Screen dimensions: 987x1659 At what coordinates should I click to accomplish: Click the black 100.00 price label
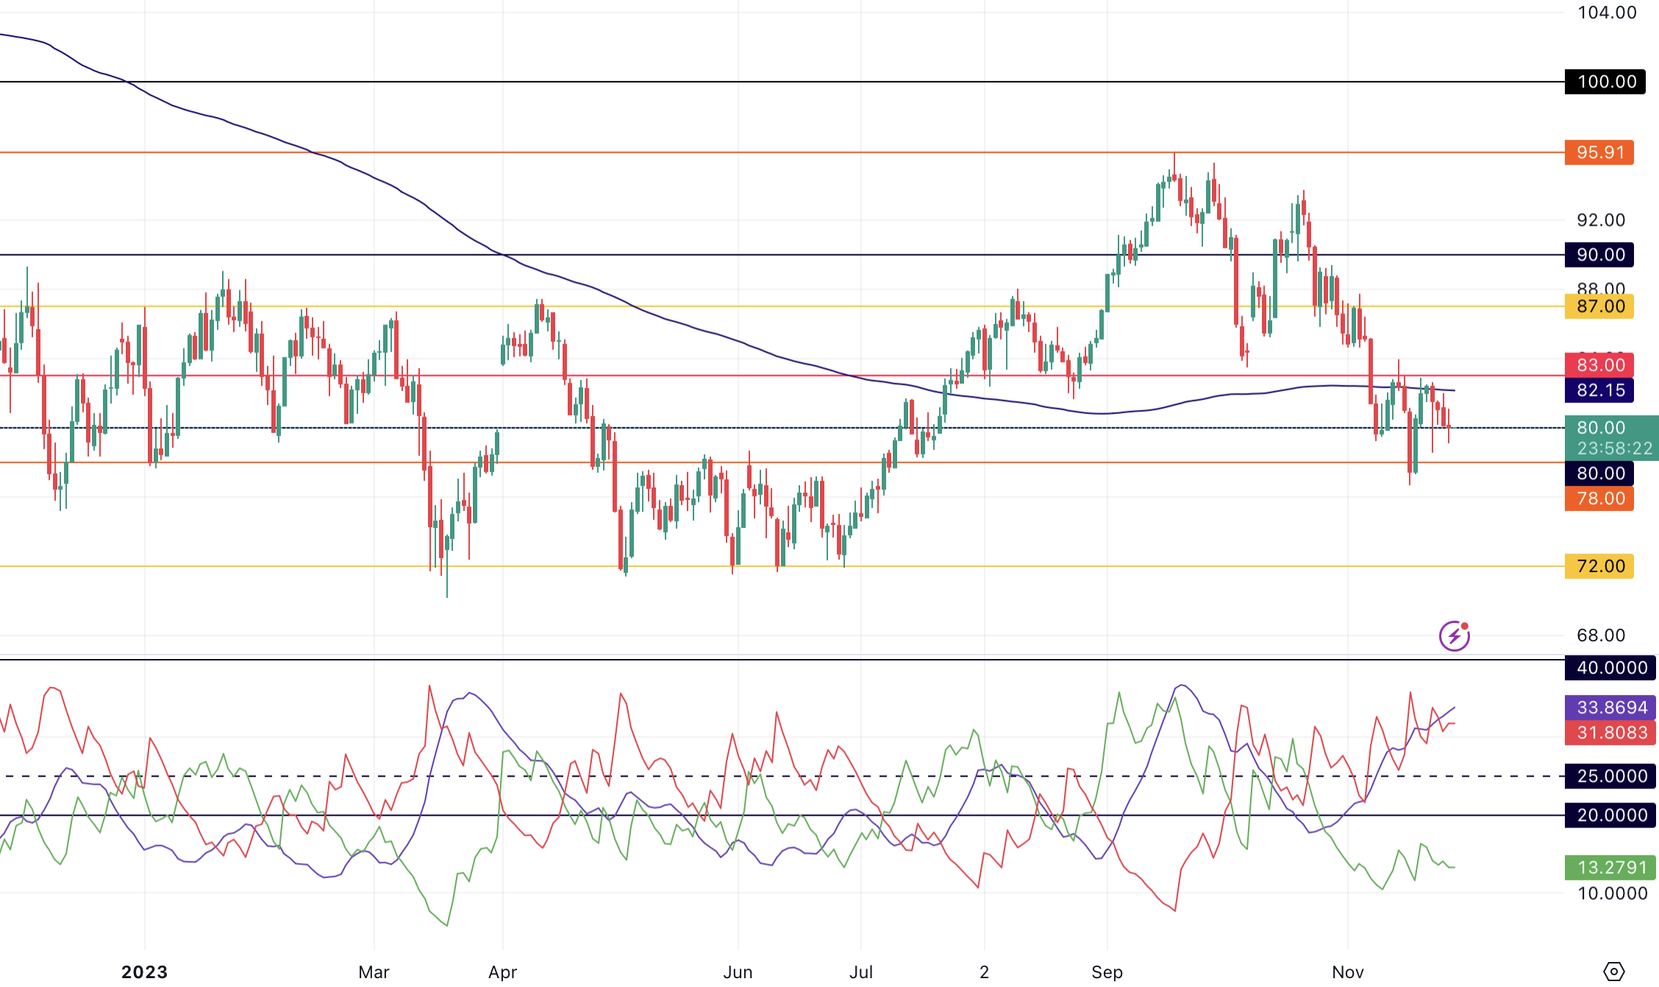(1606, 82)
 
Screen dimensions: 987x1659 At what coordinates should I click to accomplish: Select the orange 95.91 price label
(1599, 152)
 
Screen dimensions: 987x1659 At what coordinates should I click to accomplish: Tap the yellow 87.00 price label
(1599, 306)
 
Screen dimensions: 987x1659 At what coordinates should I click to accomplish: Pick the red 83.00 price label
(1599, 365)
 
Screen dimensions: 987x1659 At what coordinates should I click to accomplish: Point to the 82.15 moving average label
(1599, 390)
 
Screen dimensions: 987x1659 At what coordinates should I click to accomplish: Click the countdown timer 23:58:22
(1614, 448)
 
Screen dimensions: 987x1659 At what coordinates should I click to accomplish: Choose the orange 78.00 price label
(1599, 498)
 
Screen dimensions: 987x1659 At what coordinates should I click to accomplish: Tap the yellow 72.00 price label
(1599, 566)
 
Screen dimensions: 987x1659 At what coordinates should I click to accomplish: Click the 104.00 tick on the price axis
(1607, 13)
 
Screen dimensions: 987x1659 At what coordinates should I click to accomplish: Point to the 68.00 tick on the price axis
(1601, 635)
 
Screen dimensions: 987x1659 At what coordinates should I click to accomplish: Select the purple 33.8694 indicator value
(1610, 708)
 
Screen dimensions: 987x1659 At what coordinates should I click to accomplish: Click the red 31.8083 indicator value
(1610, 733)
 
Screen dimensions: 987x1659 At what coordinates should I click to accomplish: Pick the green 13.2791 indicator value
(1610, 867)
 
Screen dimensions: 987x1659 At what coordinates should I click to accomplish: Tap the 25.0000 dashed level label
(1610, 776)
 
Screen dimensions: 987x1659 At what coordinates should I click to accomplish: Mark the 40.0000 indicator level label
(1610, 668)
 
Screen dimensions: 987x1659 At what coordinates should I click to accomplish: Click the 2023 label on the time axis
(144, 972)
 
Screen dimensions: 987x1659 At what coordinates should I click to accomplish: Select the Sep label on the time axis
(1107, 972)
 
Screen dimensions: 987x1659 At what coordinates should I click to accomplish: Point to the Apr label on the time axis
(503, 972)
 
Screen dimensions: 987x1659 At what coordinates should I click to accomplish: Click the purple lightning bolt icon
(1455, 636)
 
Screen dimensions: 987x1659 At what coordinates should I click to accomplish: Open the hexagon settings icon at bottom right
(1613, 972)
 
